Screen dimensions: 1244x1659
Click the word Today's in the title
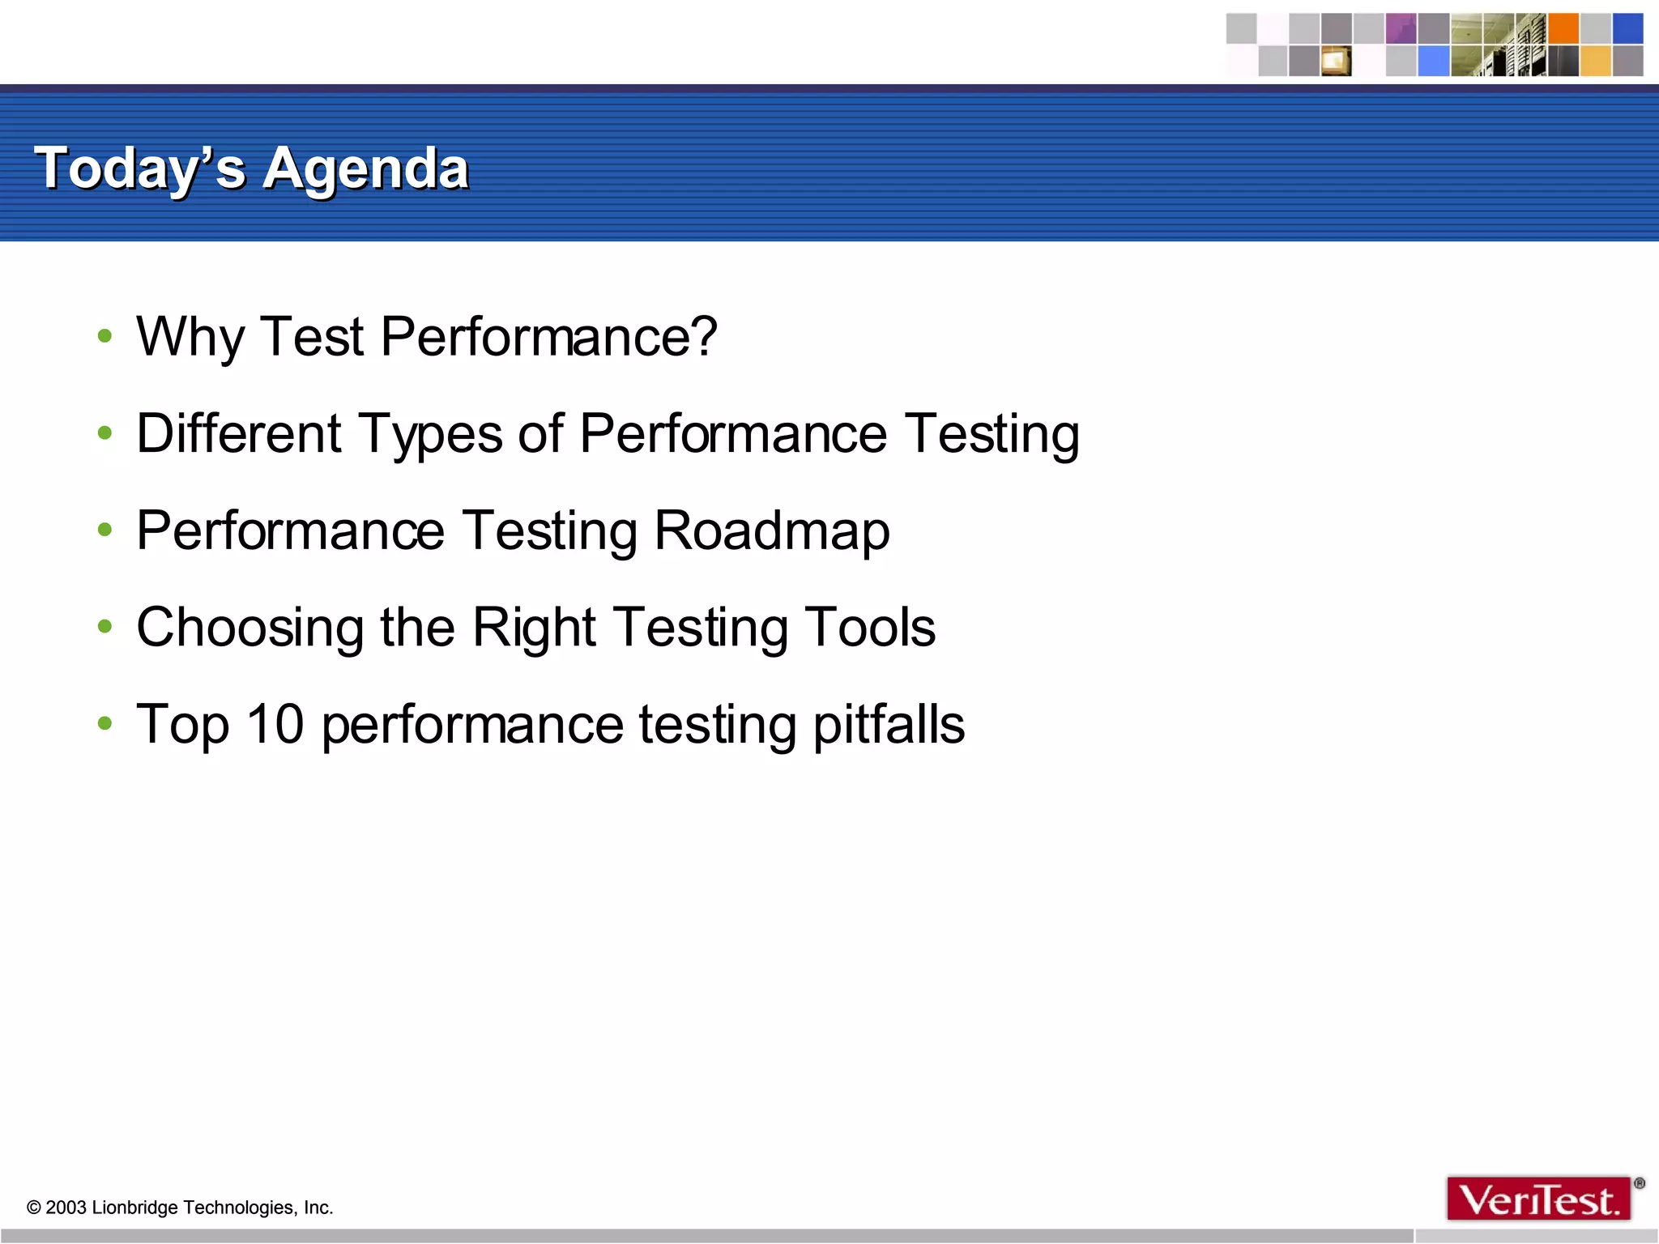[x=139, y=169]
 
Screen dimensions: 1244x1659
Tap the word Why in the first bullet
[x=190, y=337]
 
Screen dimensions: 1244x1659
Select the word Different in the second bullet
[x=239, y=433]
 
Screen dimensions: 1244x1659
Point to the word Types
[x=430, y=435]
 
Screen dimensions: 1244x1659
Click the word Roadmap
[x=771, y=531]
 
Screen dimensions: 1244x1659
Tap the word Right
[x=534, y=628]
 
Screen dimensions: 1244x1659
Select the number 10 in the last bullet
[x=275, y=723]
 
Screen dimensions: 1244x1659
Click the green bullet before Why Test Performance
[x=104, y=336]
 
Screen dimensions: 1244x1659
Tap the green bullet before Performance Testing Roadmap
[x=104, y=530]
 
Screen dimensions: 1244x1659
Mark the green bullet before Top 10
[x=104, y=722]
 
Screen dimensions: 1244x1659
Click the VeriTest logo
[x=1539, y=1199]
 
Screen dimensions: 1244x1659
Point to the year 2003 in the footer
[x=66, y=1208]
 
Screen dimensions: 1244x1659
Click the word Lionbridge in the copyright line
[x=135, y=1208]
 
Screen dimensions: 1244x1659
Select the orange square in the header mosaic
[x=1563, y=28]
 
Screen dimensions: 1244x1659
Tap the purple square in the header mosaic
[x=1401, y=28]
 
